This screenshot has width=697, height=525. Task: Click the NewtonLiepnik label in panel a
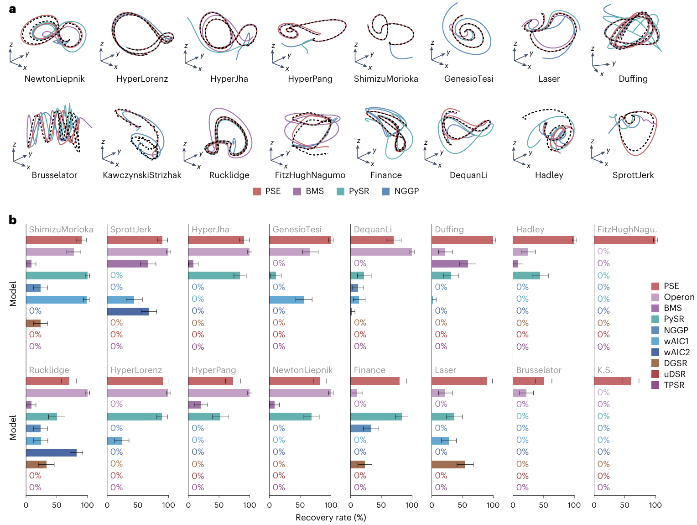[54, 79]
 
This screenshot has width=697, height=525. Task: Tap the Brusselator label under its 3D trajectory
[54, 175]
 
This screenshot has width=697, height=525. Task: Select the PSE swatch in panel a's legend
[257, 191]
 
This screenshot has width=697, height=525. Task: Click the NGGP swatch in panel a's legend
[386, 191]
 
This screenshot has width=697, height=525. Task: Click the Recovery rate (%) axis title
[331, 518]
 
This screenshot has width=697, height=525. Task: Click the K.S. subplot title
[605, 370]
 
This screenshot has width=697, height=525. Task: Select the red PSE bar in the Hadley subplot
[543, 240]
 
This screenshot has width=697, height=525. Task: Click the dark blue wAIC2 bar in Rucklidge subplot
[51, 452]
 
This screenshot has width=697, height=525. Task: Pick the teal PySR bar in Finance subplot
[376, 416]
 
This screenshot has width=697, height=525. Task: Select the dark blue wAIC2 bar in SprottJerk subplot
[128, 311]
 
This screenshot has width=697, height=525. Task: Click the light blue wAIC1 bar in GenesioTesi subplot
[286, 299]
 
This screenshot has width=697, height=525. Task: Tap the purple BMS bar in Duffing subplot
[450, 263]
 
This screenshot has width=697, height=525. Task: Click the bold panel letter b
[13, 220]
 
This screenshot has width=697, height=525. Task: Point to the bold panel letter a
[12, 9]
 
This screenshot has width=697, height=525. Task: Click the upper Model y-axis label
[13, 293]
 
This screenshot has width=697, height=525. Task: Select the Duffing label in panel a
[633, 79]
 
